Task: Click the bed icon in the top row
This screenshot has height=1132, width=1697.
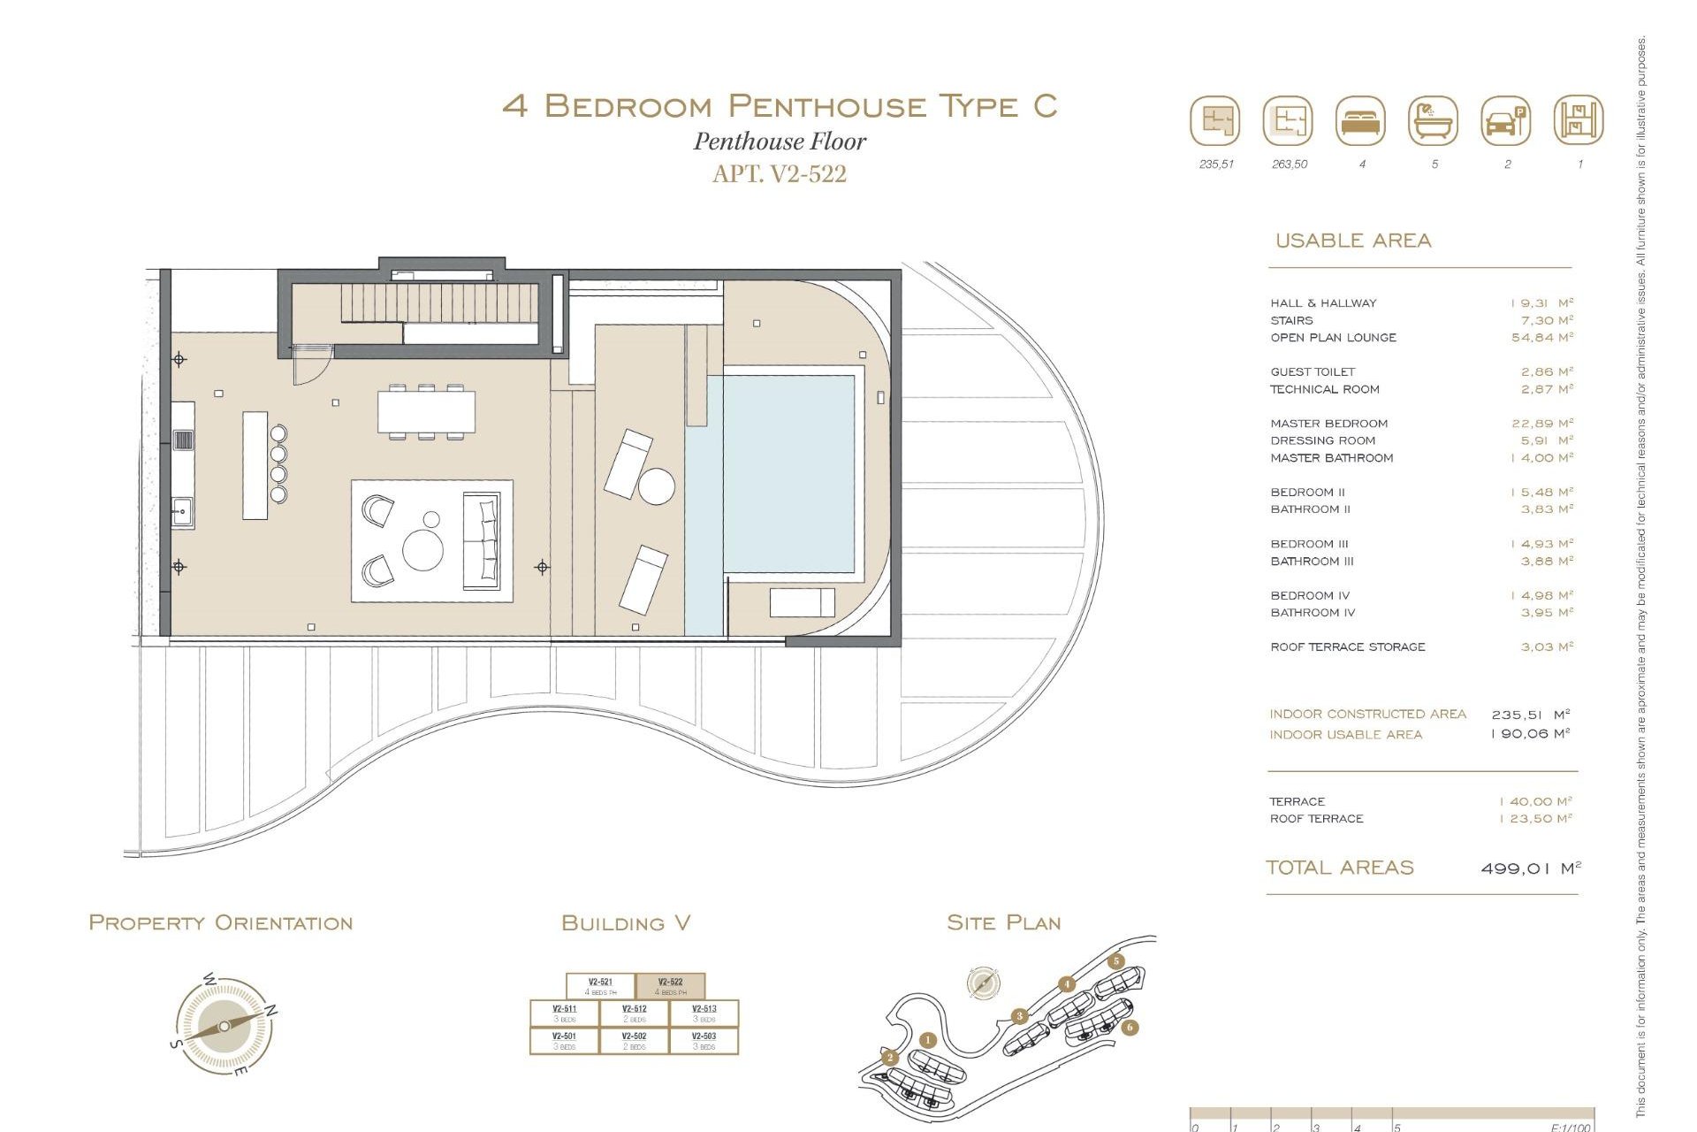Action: tap(1361, 121)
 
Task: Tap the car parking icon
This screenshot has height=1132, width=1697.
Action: tap(1505, 121)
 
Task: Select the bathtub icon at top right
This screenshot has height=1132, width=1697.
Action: tap(1433, 121)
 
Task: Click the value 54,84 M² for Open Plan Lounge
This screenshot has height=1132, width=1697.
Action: tap(1541, 338)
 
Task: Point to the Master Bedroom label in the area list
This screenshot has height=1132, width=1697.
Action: tap(1328, 424)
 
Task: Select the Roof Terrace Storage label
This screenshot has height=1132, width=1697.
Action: tap(1347, 647)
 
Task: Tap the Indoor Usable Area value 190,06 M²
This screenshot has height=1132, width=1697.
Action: tap(1530, 734)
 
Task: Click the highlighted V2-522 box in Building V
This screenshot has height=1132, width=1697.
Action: tap(670, 986)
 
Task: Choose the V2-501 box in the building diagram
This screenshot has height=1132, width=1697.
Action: tap(564, 1040)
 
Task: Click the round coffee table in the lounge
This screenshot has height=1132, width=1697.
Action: tap(422, 549)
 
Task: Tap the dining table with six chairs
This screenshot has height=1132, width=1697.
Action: tap(426, 412)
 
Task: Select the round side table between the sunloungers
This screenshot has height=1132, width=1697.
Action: tap(656, 486)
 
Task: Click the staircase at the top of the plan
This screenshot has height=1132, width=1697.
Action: tap(438, 303)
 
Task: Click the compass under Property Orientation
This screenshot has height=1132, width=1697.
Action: tap(224, 1026)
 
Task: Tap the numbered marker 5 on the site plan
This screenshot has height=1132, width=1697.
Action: tap(1116, 961)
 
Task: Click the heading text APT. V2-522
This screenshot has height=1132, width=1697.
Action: tap(779, 174)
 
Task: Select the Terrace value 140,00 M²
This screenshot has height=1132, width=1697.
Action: tap(1535, 802)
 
